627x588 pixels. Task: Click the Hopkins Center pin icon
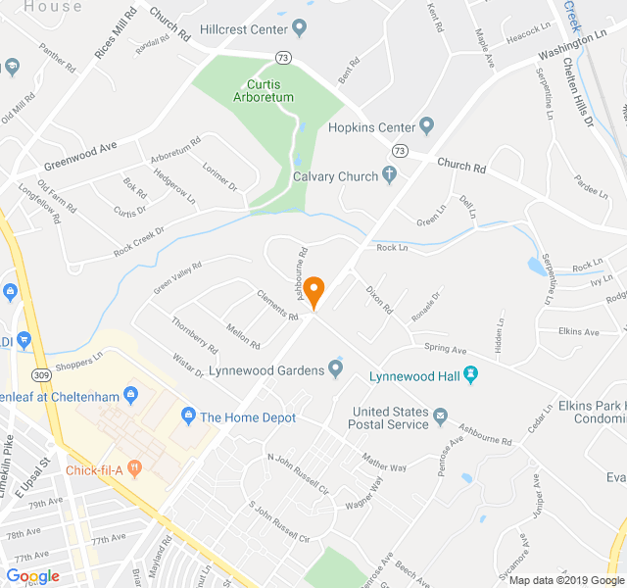click(425, 126)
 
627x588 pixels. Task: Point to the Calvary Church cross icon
click(389, 176)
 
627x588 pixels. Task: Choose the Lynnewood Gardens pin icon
click(335, 369)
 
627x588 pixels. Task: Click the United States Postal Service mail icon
click(440, 417)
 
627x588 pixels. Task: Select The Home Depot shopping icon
click(187, 417)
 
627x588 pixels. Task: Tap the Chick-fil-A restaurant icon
click(133, 468)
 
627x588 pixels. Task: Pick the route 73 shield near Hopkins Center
click(399, 151)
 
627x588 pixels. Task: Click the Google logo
click(32, 576)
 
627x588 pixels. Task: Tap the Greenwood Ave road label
click(79, 154)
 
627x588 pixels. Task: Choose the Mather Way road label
click(383, 462)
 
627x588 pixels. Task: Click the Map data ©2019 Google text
click(564, 580)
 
